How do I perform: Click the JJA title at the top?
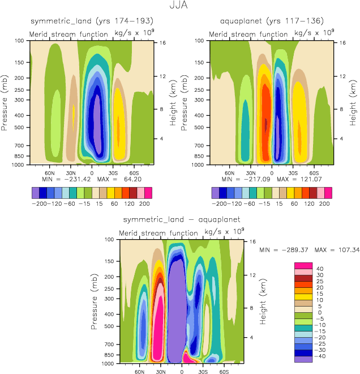179,7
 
